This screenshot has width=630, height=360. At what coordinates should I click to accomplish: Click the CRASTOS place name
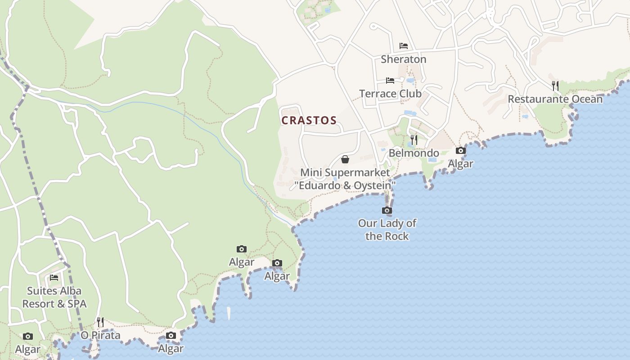tap(309, 121)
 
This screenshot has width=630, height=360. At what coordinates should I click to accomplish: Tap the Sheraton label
tap(403, 59)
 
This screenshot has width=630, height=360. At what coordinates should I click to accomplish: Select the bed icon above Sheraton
tap(403, 46)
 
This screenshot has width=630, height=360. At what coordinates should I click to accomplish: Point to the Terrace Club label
tap(390, 94)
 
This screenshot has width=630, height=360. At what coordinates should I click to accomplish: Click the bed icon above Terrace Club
tap(390, 81)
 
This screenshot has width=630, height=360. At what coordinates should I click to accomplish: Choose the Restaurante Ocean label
tap(555, 99)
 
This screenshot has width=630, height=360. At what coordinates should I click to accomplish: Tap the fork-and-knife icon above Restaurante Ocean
tap(555, 85)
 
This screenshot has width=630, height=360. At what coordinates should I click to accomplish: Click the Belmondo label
tap(414, 153)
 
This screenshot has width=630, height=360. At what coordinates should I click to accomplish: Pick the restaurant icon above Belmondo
tap(414, 139)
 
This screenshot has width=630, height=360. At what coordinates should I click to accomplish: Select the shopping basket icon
tap(345, 159)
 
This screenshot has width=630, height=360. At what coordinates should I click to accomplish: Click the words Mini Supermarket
tap(345, 172)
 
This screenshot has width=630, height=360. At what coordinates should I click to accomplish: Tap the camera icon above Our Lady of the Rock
tap(387, 210)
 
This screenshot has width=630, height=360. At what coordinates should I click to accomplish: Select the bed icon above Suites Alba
tap(54, 277)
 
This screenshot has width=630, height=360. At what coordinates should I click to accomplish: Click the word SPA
tap(76, 304)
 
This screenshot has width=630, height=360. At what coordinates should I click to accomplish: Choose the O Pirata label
tap(100, 335)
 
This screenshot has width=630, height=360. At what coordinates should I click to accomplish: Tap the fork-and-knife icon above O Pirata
tap(100, 322)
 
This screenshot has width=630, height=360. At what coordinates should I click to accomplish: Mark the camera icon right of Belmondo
tap(460, 151)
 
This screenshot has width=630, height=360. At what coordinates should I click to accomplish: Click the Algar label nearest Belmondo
tap(460, 164)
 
